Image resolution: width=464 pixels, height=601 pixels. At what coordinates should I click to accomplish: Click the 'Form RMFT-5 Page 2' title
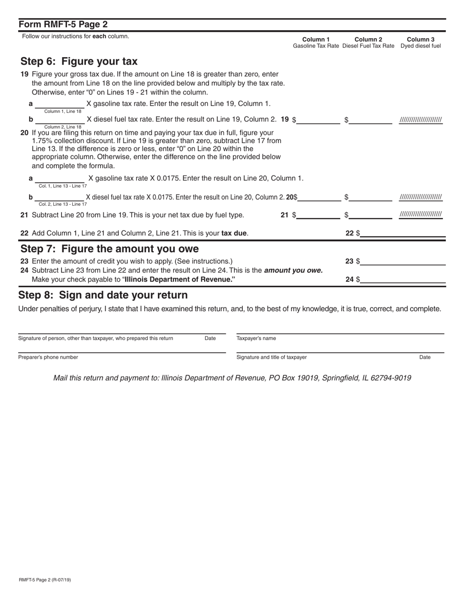(x=63, y=24)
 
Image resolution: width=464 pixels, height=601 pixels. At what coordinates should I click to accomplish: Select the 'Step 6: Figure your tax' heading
(x=79, y=62)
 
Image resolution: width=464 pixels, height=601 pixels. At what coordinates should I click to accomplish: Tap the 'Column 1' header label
(x=316, y=40)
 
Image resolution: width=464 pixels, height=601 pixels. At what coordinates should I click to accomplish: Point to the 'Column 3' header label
(x=421, y=40)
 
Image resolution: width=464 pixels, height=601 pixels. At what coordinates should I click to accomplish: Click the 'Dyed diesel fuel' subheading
(x=421, y=46)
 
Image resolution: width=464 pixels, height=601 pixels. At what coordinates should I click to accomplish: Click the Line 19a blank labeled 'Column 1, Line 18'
(x=59, y=104)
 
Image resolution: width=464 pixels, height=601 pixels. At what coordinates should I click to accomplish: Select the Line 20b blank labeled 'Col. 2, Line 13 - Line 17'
(x=59, y=197)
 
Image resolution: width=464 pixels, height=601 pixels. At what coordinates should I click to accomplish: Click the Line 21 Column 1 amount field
(x=318, y=215)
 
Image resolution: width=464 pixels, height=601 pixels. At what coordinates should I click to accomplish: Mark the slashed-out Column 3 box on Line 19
(x=421, y=120)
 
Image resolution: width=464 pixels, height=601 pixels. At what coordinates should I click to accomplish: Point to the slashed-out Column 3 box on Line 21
(x=421, y=215)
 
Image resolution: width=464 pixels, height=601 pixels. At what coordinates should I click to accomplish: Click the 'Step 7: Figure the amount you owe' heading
(x=109, y=249)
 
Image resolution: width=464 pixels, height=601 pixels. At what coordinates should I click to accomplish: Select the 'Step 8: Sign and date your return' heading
(x=103, y=295)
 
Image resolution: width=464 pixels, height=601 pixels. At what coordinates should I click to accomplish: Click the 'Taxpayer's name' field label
(x=256, y=338)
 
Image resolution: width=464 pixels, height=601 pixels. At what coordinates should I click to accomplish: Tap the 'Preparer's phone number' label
(x=48, y=357)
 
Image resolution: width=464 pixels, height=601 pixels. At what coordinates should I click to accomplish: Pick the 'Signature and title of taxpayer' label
(x=272, y=357)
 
